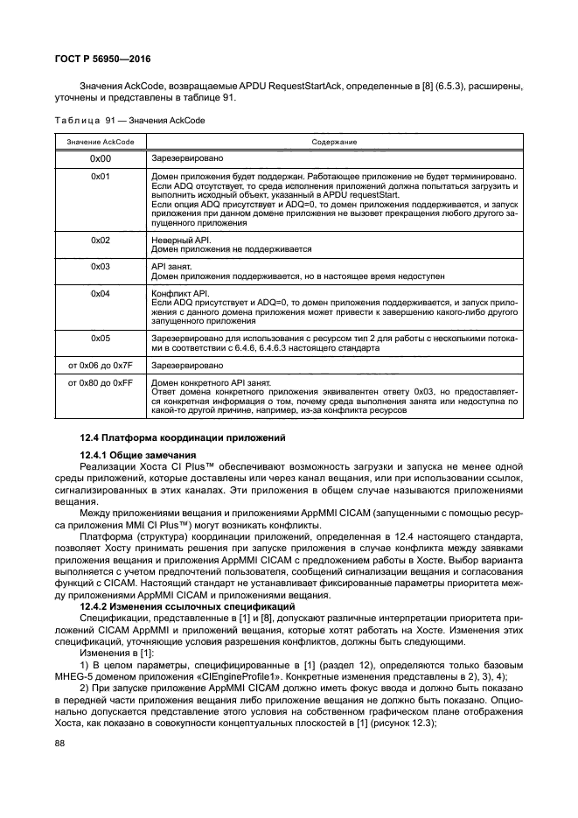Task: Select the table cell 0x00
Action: click(101, 160)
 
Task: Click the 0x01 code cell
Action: click(101, 177)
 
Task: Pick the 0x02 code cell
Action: click(101, 240)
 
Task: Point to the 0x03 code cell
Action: click(101, 265)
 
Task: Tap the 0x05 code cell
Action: click(101, 337)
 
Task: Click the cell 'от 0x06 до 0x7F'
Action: click(101, 362)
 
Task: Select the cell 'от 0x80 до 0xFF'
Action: click(101, 381)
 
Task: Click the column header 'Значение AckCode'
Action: click(101, 141)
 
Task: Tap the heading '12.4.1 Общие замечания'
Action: click(136, 455)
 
